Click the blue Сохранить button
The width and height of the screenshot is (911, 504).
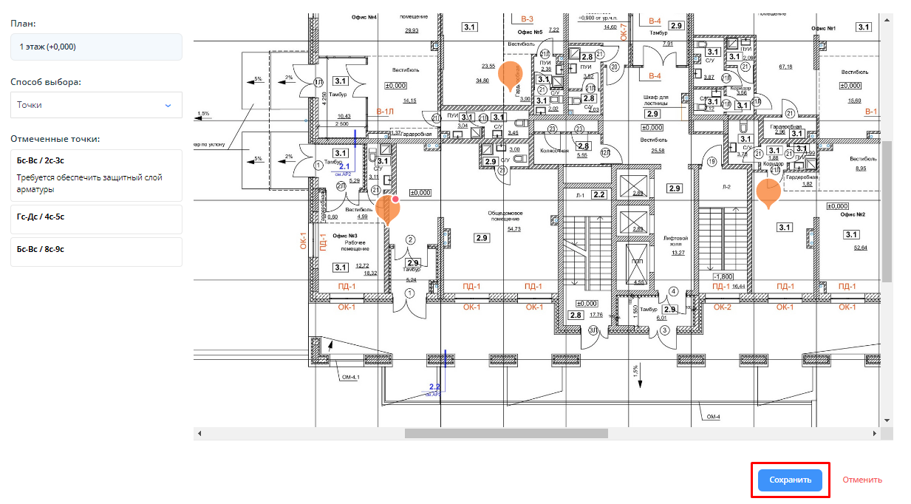790,480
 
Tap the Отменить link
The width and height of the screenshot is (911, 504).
862,480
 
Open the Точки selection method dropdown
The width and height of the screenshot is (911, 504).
96,105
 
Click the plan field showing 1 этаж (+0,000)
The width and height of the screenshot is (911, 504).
96,47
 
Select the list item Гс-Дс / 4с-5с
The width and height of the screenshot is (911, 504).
96,217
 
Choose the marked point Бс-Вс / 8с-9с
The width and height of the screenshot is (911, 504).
96,249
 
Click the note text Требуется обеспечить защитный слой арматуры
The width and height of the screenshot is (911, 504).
89,183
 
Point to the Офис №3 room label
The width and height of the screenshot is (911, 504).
347,235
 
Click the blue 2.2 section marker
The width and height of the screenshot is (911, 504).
434,386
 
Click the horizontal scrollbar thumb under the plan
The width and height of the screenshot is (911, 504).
505,434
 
